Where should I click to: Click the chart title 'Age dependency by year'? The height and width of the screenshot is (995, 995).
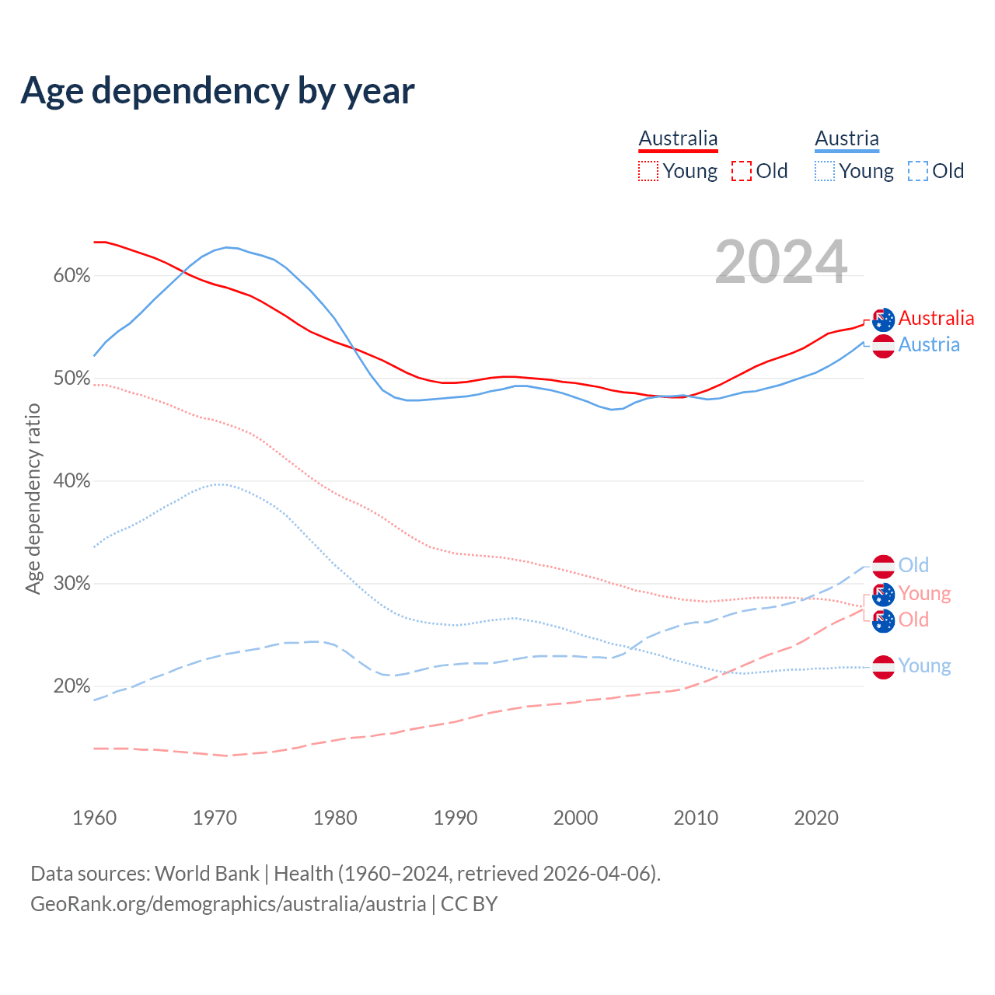pos(218,91)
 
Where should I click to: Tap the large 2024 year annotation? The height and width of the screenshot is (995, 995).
pos(780,262)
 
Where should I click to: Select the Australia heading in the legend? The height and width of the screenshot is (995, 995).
pos(678,138)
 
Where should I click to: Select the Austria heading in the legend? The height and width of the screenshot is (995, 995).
pos(847,138)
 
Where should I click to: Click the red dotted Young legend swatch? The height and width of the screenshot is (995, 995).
pos(648,171)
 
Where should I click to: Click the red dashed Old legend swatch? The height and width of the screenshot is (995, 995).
pos(742,171)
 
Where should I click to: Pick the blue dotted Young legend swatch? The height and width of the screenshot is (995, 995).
pos(825,171)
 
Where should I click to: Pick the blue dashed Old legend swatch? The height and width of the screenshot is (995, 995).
pos(918,171)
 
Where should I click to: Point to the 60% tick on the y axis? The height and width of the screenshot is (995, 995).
pos(72,276)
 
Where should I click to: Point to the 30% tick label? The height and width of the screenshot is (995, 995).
pos(72,584)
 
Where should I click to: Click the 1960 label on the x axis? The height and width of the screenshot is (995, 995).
pos(94,818)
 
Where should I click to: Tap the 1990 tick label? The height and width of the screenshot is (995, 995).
pos(455,818)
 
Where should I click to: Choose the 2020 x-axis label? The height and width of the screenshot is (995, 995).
pos(815,818)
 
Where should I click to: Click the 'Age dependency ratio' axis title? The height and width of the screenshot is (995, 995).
pos(33,498)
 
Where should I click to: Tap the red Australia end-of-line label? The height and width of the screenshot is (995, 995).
pos(936,318)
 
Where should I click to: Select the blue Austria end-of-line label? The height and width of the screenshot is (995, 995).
pos(929,344)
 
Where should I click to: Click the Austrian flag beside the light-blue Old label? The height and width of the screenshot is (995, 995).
pos(883,567)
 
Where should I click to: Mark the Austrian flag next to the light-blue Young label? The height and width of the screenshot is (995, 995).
pos(883,667)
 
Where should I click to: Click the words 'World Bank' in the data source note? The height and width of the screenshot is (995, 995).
pos(207,873)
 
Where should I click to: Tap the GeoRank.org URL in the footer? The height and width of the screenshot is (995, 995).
pos(228,904)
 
